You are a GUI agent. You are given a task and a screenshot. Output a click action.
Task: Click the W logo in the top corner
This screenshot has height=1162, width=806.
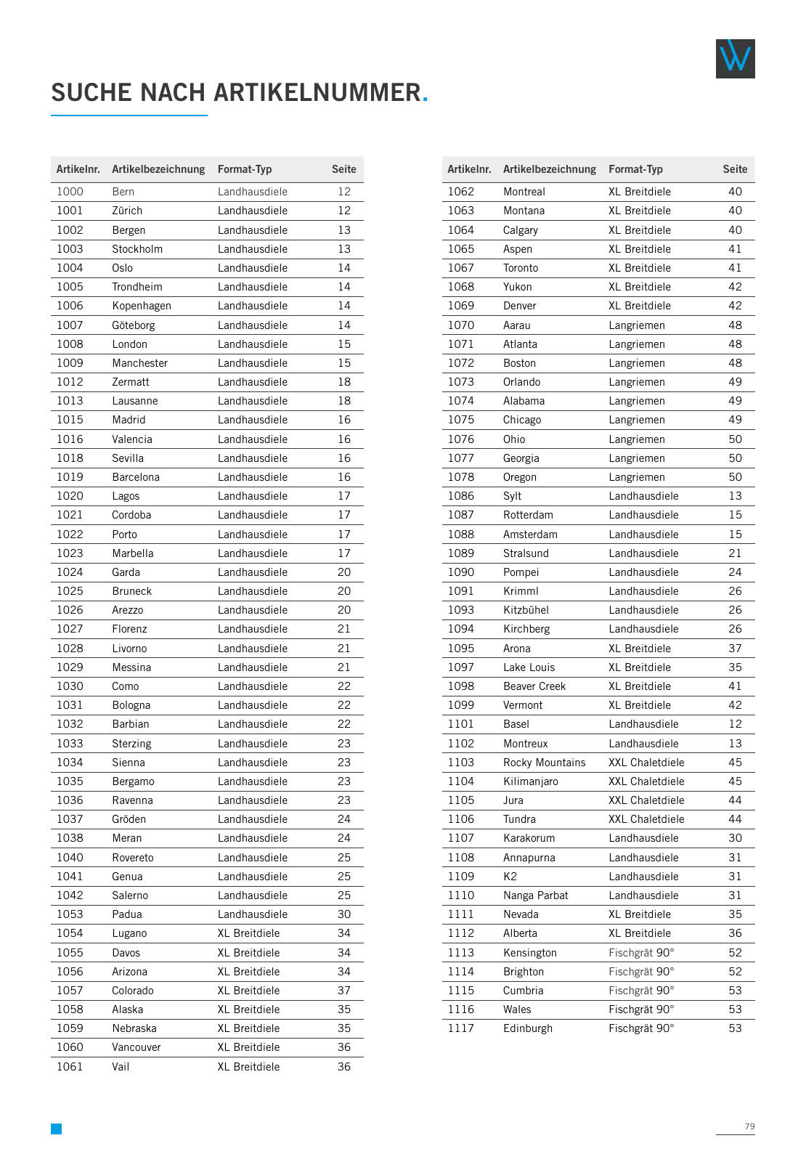pos(735,59)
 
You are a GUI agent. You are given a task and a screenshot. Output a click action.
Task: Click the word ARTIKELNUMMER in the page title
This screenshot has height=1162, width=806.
pos(317,93)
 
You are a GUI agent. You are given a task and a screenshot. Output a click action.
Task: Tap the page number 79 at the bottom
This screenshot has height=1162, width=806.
pos(749,1126)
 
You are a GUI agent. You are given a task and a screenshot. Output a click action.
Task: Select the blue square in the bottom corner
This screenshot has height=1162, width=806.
pos(56,1129)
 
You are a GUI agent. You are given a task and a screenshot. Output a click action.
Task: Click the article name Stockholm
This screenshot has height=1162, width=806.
pos(137,249)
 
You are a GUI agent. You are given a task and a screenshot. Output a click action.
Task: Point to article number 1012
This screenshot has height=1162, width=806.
pos(70,382)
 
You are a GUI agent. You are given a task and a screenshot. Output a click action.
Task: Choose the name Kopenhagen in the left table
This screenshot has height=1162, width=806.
pos(142,306)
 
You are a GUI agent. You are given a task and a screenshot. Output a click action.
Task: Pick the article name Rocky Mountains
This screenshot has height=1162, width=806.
pos(544,763)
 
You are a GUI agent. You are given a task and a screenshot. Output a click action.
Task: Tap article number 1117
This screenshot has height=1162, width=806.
pos(460,1028)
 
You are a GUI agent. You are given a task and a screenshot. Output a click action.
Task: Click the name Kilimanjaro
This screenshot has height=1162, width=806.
pos(530,781)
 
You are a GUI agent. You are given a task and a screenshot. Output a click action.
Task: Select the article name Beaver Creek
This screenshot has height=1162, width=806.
pos(534,686)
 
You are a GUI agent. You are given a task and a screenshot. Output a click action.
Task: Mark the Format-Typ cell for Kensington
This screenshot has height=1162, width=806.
pos(641,953)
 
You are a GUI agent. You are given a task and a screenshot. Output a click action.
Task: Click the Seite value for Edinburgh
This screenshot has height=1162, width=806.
pos(735,1028)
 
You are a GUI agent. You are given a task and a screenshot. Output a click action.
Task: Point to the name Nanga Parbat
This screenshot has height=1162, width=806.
pos(535,895)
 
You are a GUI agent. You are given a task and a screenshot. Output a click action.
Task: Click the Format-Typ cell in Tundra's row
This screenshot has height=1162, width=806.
pos(646,819)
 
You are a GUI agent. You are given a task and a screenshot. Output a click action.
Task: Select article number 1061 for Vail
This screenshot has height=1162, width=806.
pos(70,1067)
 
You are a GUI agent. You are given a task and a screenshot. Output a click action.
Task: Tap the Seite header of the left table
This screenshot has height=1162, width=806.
pos(343,169)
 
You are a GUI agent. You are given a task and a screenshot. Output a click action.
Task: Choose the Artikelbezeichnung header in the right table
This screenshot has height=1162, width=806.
pos(549,169)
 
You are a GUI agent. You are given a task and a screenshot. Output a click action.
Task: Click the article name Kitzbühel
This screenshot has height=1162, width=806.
pos(526,610)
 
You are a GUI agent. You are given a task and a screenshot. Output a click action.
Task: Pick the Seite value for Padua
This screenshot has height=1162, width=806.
pos(343,914)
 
